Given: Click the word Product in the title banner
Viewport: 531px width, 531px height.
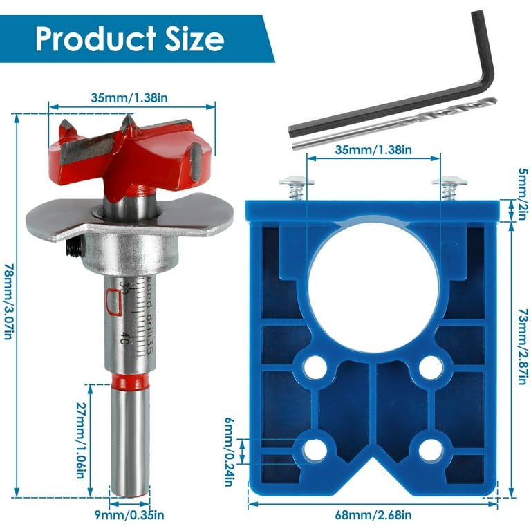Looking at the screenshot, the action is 95,38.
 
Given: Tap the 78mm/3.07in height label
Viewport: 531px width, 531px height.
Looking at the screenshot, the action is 8,301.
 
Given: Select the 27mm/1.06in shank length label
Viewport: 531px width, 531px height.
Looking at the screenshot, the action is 80,440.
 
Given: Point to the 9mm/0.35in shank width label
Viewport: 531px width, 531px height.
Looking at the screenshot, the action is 129,515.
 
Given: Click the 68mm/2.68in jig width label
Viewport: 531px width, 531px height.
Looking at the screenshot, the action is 373,515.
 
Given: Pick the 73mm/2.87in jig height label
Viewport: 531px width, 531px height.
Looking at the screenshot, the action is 523,346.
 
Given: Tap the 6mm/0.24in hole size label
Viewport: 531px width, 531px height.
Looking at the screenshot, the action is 230,451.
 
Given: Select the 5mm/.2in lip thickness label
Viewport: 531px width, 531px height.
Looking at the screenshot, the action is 523,194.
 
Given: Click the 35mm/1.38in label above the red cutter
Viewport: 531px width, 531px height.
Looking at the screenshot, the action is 129,98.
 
